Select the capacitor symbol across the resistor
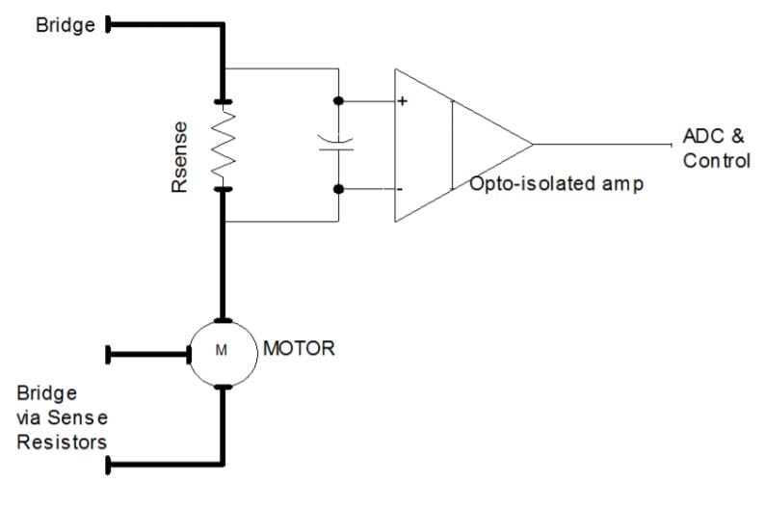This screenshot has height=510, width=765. pyautogui.click(x=337, y=145)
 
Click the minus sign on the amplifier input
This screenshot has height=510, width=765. pyautogui.click(x=401, y=189)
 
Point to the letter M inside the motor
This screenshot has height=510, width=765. pyautogui.click(x=222, y=351)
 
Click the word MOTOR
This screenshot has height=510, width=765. pyautogui.click(x=299, y=348)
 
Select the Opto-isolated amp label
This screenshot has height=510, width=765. pyautogui.click(x=556, y=182)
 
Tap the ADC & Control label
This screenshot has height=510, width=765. pyautogui.click(x=715, y=148)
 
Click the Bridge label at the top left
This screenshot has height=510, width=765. pyautogui.click(x=65, y=25)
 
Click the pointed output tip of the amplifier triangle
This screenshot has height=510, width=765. pyautogui.click(x=532, y=145)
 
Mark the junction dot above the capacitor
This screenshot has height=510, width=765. pyautogui.click(x=338, y=100)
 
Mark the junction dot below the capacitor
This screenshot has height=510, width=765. pyautogui.click(x=338, y=189)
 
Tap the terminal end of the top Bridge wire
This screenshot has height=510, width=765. pyautogui.click(x=108, y=25)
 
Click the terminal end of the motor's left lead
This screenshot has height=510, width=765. pyautogui.click(x=109, y=355)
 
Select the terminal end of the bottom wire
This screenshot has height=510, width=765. pyautogui.click(x=109, y=466)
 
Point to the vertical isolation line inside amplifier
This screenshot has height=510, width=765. pyautogui.click(x=452, y=145)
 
